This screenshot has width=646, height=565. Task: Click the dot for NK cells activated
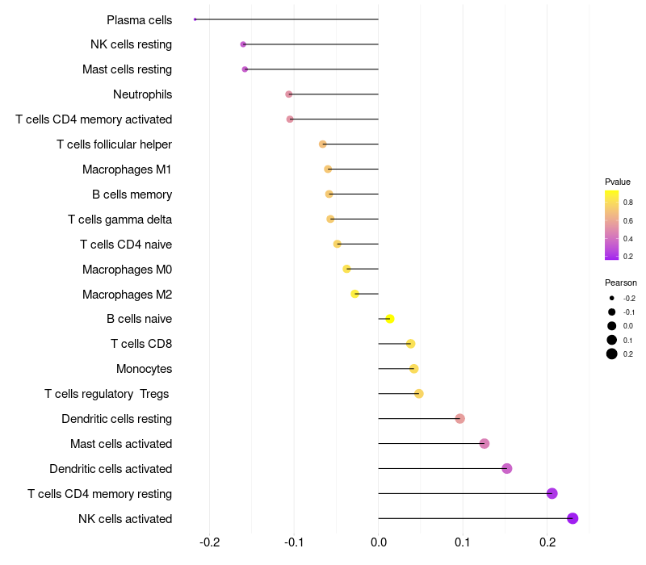point(573,518)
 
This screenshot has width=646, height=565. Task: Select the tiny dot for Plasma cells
point(195,19)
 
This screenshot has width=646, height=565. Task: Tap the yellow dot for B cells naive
point(389,319)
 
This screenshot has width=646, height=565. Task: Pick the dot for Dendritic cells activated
point(507,468)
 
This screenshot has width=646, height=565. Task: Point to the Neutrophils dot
point(289,94)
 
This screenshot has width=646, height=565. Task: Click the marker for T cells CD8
point(410,344)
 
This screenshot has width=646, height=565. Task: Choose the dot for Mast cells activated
point(484,443)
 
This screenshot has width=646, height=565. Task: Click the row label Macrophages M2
point(127,295)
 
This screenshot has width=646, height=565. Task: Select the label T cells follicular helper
point(114,144)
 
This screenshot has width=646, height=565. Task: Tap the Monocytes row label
point(144,369)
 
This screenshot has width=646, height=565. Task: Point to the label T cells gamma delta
point(120,220)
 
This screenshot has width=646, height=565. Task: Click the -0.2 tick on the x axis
point(209,541)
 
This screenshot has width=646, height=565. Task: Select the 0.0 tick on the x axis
point(379,541)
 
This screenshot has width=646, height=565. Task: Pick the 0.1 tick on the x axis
point(463,541)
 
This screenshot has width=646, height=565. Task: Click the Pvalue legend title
point(618,182)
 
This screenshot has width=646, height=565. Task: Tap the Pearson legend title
point(620,282)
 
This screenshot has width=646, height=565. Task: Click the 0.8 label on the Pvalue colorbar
point(627,203)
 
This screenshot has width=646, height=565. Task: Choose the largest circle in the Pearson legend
point(612,354)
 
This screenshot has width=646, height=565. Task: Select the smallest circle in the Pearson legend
point(612,298)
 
